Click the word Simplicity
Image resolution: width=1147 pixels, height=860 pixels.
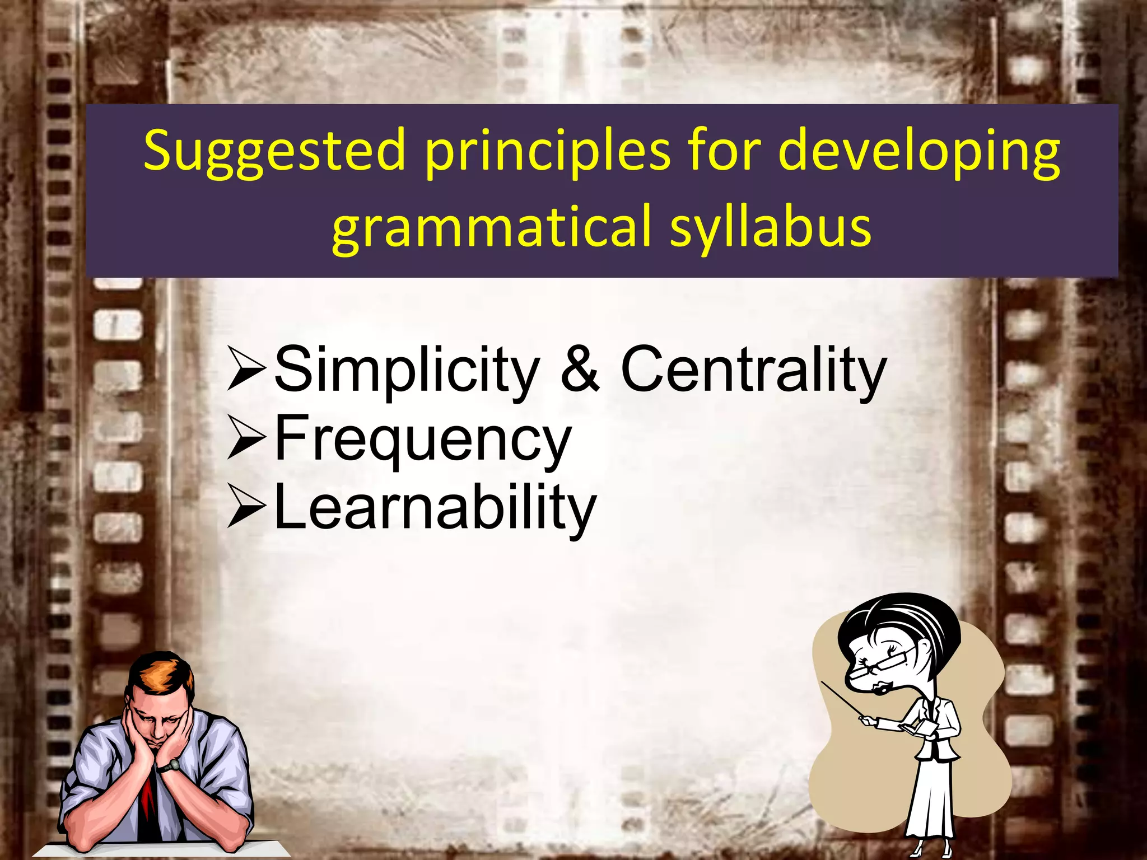coord(406,370)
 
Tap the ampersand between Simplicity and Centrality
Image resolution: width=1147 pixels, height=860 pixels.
coord(580,370)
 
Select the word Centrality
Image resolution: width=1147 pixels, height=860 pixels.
coord(753,370)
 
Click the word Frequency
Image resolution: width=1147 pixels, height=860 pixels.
coord(423,440)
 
